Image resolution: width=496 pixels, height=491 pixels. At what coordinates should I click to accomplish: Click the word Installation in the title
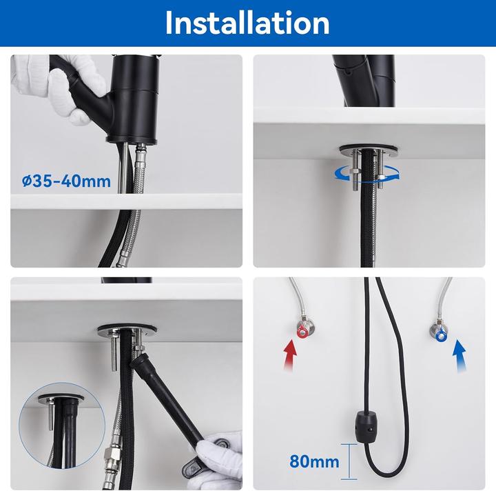(247, 23)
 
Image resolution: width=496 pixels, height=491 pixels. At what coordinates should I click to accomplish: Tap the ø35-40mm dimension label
(66, 181)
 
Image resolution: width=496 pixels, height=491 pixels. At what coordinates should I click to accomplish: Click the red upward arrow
(291, 358)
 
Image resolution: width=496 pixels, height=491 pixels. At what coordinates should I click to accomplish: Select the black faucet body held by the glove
(135, 96)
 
